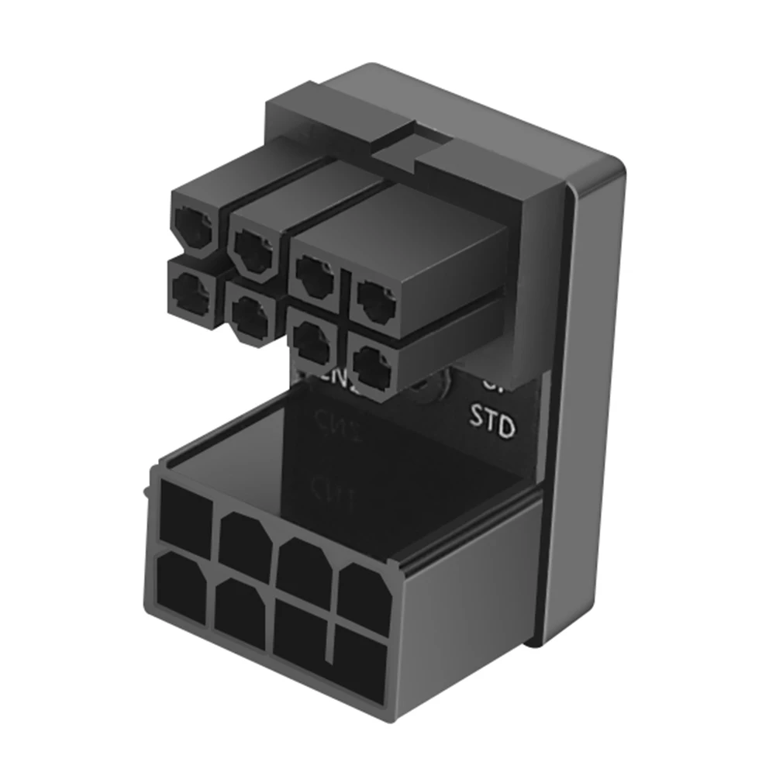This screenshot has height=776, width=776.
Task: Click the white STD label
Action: (493, 425)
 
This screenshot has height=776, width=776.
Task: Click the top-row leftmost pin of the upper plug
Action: (191, 229)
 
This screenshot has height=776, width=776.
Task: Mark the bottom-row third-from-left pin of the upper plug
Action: (312, 340)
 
